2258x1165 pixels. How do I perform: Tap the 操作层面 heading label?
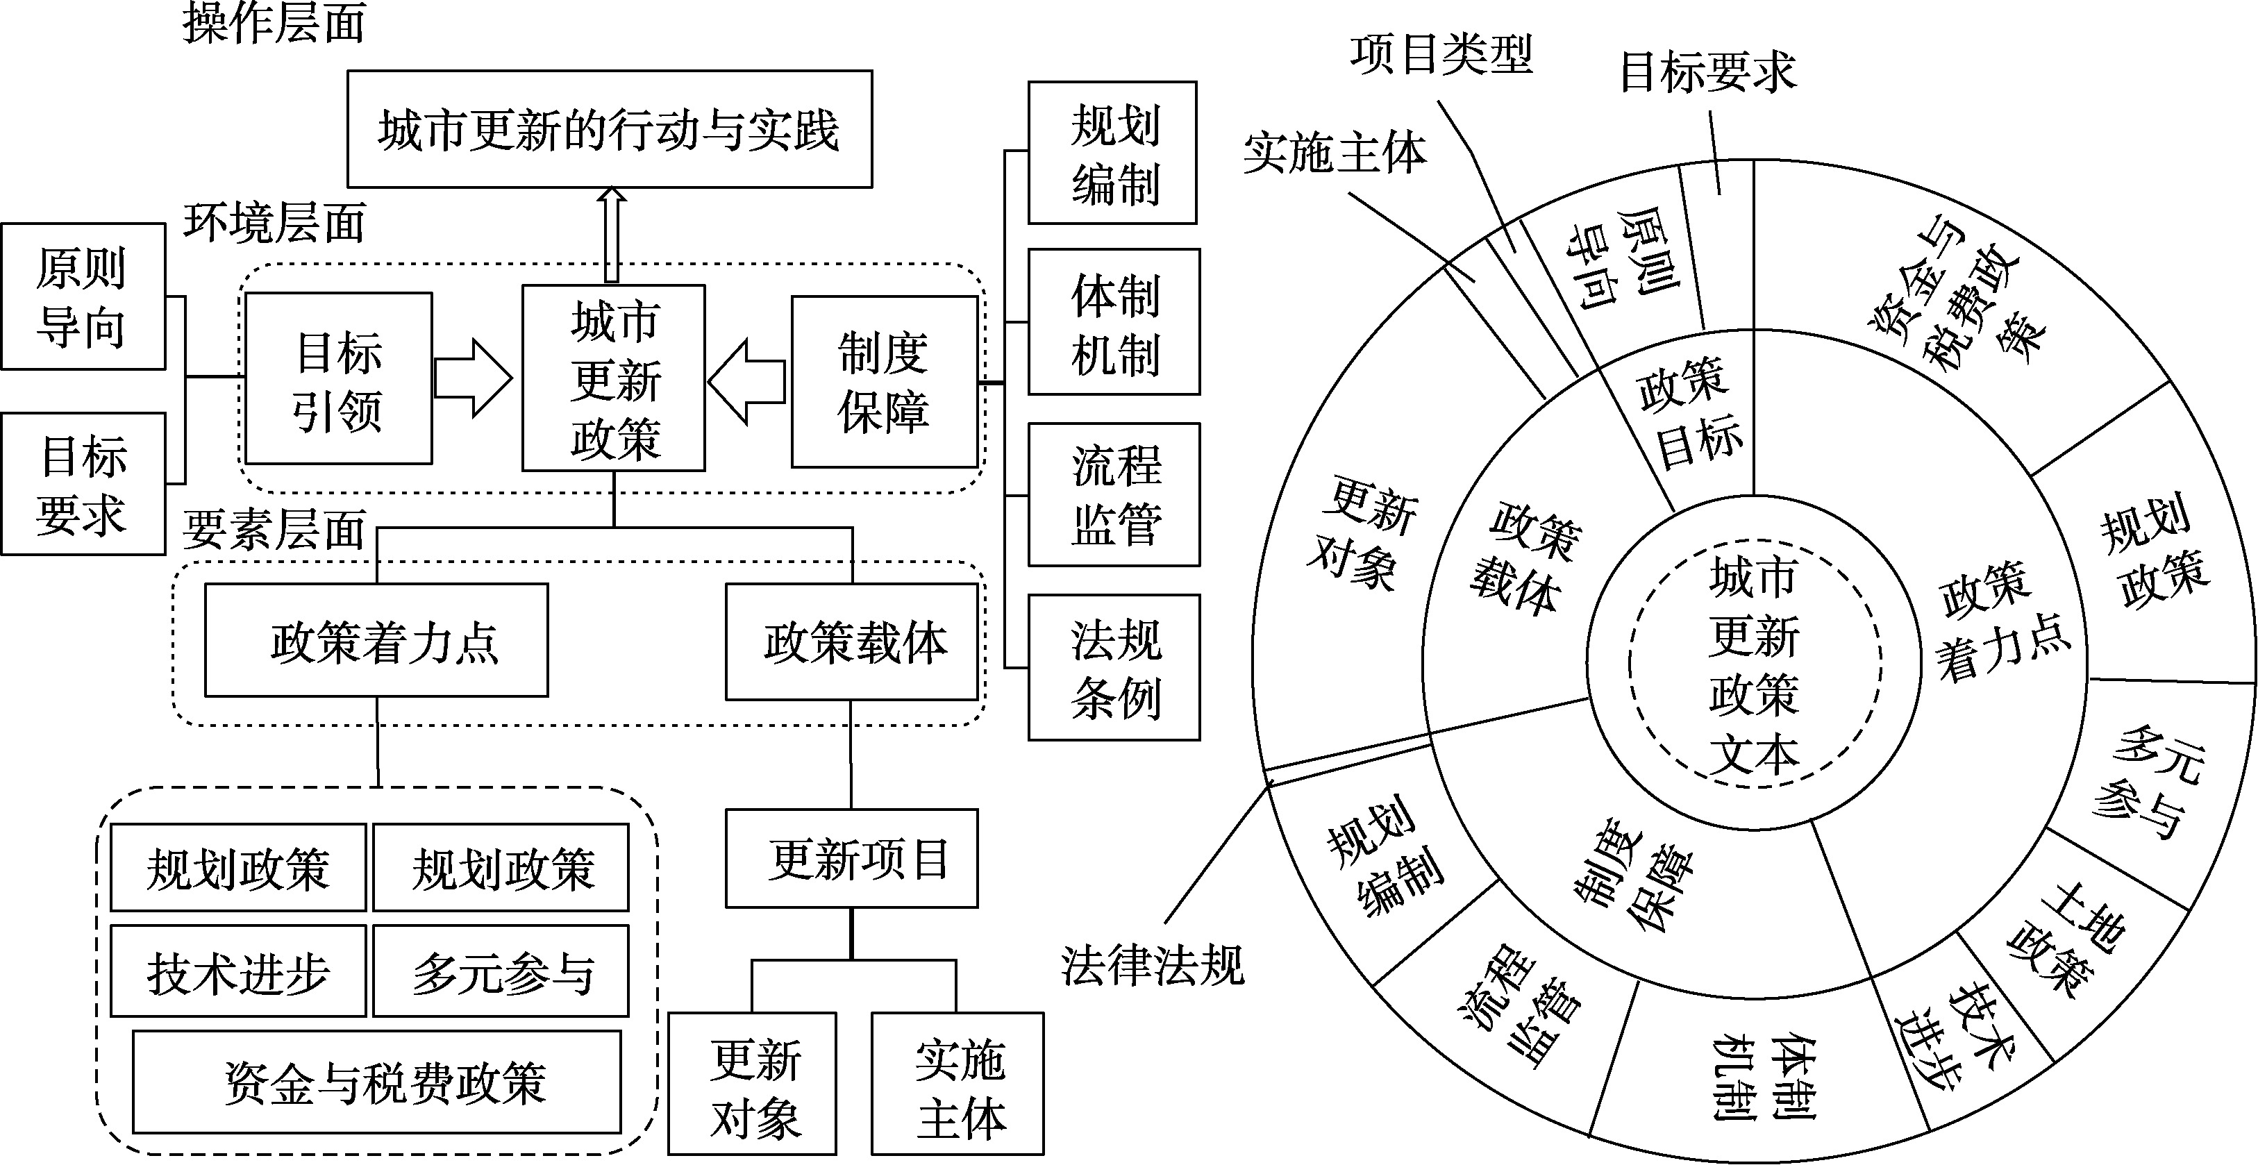point(274,23)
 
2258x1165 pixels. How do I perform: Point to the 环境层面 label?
point(274,223)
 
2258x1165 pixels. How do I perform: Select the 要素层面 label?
point(274,530)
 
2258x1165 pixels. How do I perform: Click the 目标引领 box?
point(338,378)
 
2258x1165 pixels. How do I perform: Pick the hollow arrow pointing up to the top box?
point(612,235)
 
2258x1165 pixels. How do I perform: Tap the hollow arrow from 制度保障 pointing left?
point(747,381)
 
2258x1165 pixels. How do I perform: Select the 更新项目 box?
point(851,858)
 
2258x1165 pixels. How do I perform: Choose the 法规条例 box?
point(1114,667)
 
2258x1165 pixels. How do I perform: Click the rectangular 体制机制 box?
point(1114,321)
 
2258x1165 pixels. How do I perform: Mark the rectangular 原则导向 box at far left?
point(83,296)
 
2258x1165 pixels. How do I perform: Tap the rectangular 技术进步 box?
point(237,971)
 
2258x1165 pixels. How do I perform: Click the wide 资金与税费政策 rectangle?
point(377,1082)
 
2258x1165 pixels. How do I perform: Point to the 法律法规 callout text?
point(1152,965)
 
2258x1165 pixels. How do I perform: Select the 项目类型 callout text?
point(1441,54)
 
